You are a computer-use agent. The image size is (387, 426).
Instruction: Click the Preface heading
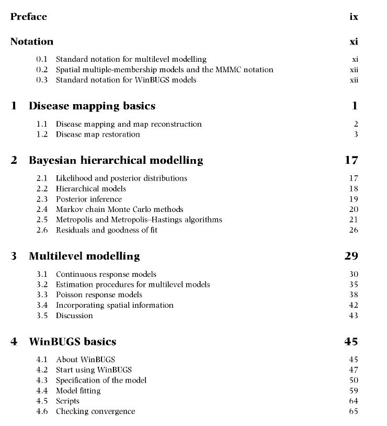pyautogui.click(x=29, y=17)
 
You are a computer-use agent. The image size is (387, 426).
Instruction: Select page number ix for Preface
pyautogui.click(x=354, y=17)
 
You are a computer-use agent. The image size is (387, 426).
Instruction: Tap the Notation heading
pyautogui.click(x=32, y=41)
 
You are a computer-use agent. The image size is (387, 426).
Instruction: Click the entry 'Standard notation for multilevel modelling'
pyautogui.click(x=131, y=60)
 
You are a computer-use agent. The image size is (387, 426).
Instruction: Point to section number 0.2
pyautogui.click(x=42, y=70)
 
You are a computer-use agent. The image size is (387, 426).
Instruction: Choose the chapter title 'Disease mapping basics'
pyautogui.click(x=92, y=106)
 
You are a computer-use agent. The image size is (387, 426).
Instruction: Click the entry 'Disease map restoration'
pyautogui.click(x=98, y=134)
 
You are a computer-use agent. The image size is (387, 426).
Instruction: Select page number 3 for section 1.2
pyautogui.click(x=356, y=134)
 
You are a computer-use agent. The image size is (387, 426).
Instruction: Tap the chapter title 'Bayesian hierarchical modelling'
pyautogui.click(x=116, y=160)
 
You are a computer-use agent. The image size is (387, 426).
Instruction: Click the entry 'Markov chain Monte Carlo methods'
pyautogui.click(x=119, y=209)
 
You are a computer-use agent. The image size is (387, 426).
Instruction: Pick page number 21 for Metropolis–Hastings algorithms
pyautogui.click(x=354, y=220)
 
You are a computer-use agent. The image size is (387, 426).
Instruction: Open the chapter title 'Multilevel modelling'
pyautogui.click(x=84, y=256)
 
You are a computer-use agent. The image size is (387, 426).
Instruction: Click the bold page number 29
pyautogui.click(x=351, y=256)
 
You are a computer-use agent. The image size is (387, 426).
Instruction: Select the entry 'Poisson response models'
pyautogui.click(x=99, y=295)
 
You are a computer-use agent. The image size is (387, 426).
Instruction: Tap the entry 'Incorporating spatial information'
pyautogui.click(x=115, y=305)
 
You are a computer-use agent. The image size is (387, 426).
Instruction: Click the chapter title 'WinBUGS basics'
pyautogui.click(x=72, y=342)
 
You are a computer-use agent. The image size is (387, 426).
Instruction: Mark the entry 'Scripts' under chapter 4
pyautogui.click(x=67, y=401)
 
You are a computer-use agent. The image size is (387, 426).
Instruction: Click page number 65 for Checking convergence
pyautogui.click(x=354, y=411)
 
